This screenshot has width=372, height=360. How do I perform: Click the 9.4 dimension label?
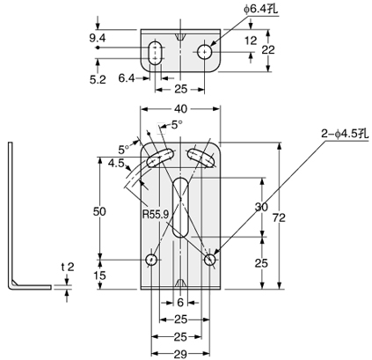click(x=97, y=38)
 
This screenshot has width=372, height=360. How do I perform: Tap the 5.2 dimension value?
click(x=98, y=78)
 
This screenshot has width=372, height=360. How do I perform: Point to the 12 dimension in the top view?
click(x=250, y=40)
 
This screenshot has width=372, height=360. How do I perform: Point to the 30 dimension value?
click(x=260, y=208)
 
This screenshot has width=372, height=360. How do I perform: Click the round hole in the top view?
click(x=204, y=52)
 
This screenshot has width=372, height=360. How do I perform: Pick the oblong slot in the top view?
click(x=156, y=53)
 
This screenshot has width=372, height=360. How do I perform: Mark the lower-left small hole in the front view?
click(x=151, y=260)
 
